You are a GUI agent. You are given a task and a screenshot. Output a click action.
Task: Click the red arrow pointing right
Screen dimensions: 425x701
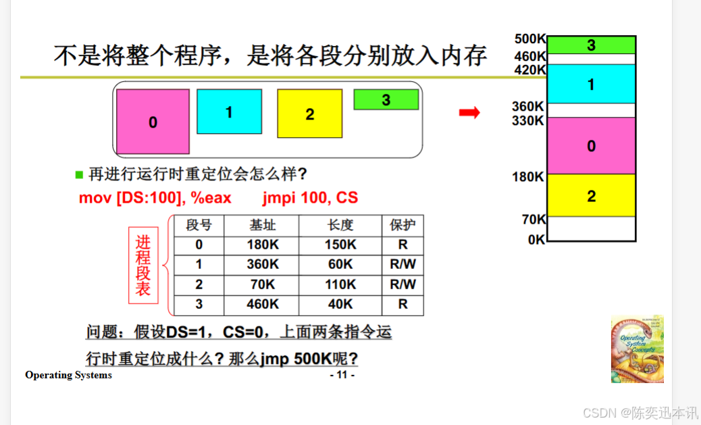469,112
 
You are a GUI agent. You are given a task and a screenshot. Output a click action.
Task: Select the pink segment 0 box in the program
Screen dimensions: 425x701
153,122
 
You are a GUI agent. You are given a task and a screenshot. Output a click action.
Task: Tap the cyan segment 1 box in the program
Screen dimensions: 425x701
229,111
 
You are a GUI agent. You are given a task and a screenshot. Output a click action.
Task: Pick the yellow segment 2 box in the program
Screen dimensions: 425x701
309,114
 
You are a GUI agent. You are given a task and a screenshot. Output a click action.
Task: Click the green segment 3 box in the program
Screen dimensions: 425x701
386,100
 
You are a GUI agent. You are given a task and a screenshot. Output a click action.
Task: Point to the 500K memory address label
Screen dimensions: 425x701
529,39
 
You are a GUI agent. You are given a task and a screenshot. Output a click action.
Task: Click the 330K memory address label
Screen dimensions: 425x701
528,121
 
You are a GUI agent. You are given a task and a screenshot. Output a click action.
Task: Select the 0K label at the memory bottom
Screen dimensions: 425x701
536,239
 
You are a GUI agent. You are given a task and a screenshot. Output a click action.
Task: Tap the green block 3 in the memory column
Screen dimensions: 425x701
592,45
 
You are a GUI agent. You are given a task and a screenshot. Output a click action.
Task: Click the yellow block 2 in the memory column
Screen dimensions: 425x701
592,196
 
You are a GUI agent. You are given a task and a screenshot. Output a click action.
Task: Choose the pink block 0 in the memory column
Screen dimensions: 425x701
592,146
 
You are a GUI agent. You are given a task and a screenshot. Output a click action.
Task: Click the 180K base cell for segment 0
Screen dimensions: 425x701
262,245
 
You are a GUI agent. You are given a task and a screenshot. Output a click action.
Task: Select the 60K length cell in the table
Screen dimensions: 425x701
340,264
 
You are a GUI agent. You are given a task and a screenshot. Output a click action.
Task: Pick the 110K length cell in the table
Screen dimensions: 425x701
340,284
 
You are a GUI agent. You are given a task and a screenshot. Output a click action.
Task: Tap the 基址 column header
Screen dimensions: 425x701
262,225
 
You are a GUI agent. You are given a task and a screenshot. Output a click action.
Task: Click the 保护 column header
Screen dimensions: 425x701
403,225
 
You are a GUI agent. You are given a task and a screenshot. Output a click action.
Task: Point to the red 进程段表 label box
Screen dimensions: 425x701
143,266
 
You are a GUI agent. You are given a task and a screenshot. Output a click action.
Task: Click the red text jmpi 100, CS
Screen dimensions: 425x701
310,198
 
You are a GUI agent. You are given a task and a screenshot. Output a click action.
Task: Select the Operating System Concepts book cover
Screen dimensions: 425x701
637,349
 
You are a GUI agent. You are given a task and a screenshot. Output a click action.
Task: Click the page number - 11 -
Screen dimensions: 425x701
342,375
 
